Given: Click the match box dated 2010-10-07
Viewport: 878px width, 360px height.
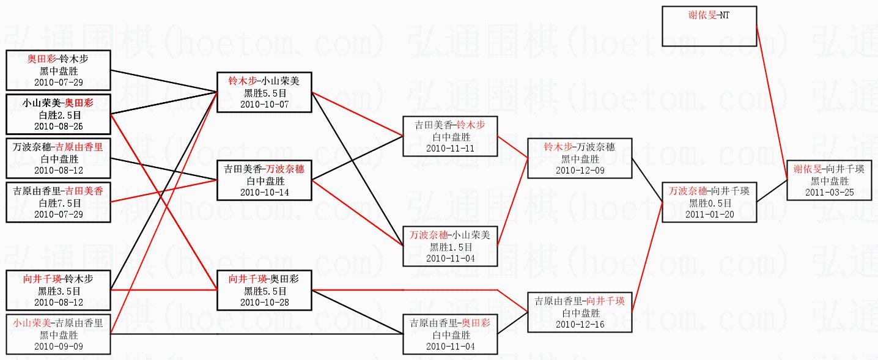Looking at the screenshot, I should [264, 93].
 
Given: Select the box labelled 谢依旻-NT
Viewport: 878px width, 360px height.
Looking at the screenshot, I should [709, 26].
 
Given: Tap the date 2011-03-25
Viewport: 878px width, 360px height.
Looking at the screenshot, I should [830, 193].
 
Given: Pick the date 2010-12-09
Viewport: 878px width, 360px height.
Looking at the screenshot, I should [580, 171].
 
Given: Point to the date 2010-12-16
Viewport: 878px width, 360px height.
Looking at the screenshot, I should [580, 325].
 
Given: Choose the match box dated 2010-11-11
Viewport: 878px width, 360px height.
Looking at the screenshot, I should [450, 136].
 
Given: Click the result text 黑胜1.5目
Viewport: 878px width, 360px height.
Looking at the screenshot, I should [451, 247].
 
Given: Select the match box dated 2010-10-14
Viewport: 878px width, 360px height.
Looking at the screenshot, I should [264, 180].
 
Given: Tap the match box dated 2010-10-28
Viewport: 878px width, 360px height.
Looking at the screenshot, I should [264, 290].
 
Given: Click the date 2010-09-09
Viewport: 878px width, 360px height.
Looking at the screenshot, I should [59, 347].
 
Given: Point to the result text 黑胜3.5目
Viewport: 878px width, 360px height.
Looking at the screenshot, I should [59, 291].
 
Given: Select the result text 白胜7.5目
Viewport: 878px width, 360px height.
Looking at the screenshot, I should [59, 203].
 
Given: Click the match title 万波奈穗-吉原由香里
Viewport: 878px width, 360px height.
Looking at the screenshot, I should [59, 147].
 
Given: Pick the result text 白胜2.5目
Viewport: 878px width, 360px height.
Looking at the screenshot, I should [59, 114].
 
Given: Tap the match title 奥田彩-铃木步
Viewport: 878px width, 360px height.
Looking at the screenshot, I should [59, 59].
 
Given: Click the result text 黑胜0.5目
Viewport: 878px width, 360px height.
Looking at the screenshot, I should [709, 203].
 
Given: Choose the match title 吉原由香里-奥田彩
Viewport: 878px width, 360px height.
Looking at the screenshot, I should [450, 323].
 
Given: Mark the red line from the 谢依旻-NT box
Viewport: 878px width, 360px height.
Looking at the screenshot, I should [772, 104].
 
